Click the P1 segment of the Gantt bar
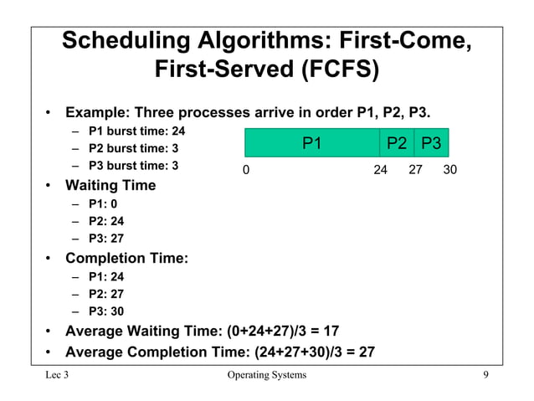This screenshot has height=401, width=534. click(311, 143)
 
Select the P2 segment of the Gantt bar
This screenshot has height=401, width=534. click(397, 143)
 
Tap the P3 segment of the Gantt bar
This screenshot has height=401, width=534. click(432, 143)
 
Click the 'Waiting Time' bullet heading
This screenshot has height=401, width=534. click(110, 185)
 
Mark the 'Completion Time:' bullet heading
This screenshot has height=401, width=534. click(126, 258)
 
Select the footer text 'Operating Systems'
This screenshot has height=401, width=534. click(267, 374)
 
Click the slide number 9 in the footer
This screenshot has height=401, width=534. click(485, 374)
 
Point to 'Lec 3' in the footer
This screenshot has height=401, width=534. click(57, 374)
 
